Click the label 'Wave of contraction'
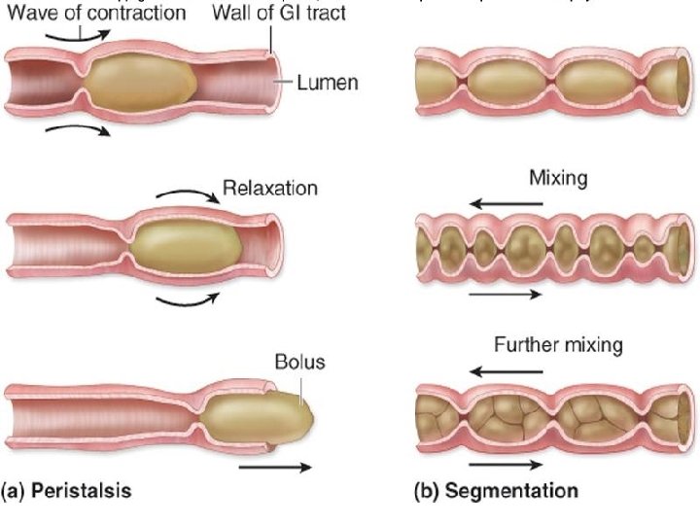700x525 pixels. click(94, 13)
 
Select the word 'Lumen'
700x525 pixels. click(328, 83)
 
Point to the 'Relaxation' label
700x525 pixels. click(270, 187)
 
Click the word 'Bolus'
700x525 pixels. click(299, 363)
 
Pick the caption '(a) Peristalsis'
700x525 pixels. click(67, 490)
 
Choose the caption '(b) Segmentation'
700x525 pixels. click(496, 490)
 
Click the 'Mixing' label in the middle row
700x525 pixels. click(556, 180)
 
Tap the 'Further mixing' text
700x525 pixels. click(558, 345)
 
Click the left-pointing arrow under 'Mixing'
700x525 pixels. click(505, 204)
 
